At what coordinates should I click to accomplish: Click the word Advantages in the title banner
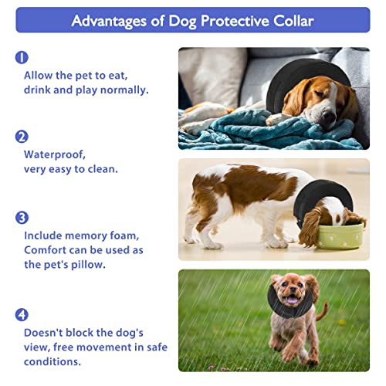(109, 22)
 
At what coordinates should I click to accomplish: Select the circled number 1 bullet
(22, 57)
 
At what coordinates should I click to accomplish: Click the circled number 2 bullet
(22, 137)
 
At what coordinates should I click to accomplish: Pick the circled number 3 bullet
(22, 218)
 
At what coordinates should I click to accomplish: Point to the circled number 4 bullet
(22, 315)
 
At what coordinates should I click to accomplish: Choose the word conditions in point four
(52, 362)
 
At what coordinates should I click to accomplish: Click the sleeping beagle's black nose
(329, 117)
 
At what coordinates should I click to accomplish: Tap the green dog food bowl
(340, 236)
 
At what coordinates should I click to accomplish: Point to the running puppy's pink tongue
(291, 300)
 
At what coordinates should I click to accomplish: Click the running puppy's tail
(322, 312)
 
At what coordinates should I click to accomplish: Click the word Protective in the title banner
(235, 21)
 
